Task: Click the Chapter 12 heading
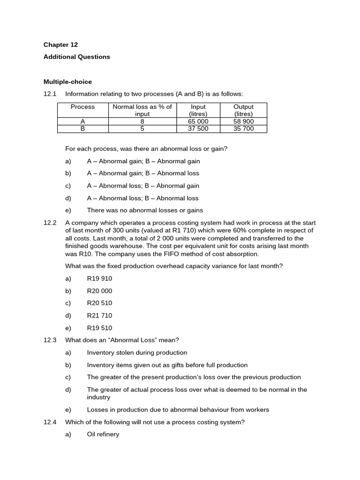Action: pos(60,45)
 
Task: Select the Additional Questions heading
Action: pos(76,57)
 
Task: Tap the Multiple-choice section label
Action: pos(67,82)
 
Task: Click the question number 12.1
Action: pos(50,94)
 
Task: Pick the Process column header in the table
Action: pos(82,107)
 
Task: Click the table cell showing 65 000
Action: pos(198,121)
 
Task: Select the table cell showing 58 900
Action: pos(243,121)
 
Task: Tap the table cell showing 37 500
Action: pos(198,128)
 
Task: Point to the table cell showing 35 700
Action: pos(243,128)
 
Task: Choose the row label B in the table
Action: pos(82,128)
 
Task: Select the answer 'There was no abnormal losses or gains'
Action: pos(145,210)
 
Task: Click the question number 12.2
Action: pos(50,223)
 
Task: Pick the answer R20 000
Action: pos(99,291)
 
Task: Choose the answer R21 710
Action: pos(99,315)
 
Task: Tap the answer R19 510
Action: pos(99,328)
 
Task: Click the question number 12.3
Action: pos(50,340)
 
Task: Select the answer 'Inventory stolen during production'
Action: pos(137,352)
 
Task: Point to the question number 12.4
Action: pos(50,422)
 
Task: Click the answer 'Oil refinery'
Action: pos(103,435)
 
